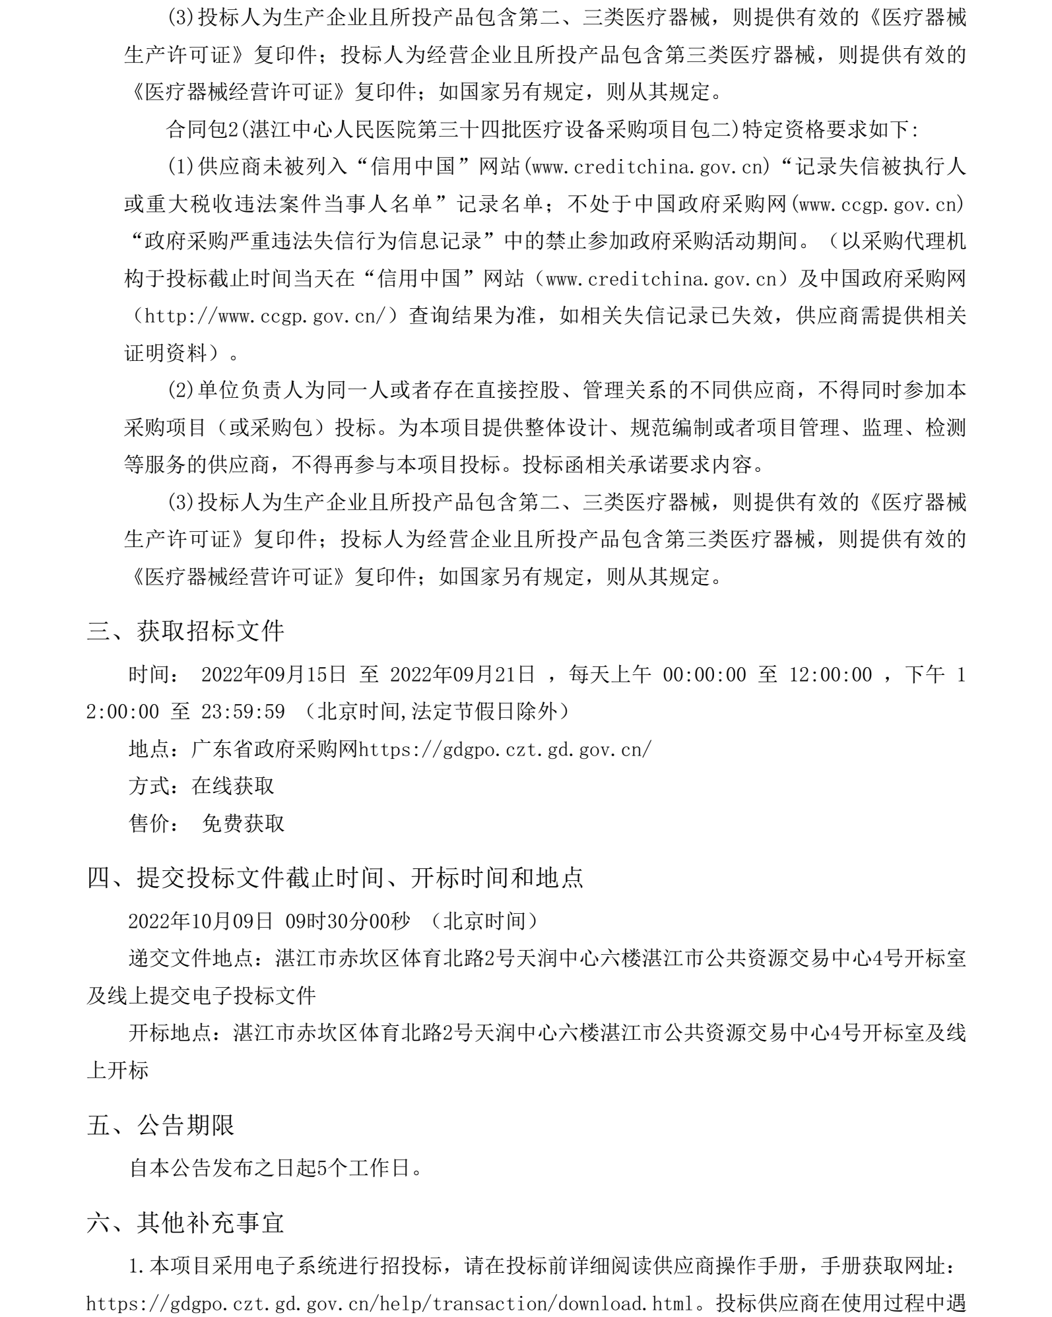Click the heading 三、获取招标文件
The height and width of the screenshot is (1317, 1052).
pos(185,631)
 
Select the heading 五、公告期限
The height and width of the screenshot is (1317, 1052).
pos(160,1125)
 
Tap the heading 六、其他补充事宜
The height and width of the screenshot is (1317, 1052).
pos(185,1223)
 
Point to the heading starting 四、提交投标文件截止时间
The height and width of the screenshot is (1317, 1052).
pos(335,878)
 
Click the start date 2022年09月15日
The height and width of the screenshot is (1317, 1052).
pos(273,674)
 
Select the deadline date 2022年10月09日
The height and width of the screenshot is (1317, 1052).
pos(201,921)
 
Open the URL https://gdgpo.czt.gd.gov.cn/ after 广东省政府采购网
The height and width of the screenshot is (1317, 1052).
pos(504,749)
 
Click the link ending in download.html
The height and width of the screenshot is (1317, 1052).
pos(390,1304)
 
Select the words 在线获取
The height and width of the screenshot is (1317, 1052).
pos(232,786)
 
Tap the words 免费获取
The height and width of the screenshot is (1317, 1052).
pos(243,823)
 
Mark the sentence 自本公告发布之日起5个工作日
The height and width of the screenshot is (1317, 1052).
pos(275,1169)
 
